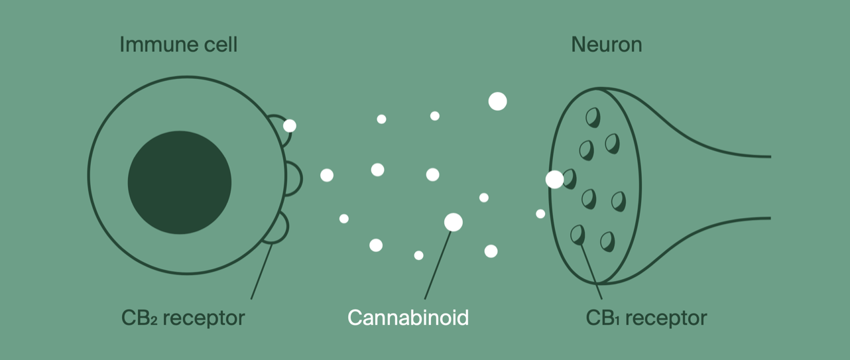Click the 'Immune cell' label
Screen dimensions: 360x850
178,45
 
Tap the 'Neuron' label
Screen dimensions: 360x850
606,45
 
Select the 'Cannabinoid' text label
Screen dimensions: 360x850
408,317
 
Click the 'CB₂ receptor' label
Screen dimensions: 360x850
183,318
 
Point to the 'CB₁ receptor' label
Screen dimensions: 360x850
646,318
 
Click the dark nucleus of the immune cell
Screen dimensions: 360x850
179,182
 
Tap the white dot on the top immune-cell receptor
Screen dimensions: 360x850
290,125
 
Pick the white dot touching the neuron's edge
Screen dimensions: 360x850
554,179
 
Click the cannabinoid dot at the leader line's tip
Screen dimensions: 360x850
453,222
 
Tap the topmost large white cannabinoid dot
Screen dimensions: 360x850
497,101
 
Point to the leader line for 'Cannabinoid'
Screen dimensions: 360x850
438,265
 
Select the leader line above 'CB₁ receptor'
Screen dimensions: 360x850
591,272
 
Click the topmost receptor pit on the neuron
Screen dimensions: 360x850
593,117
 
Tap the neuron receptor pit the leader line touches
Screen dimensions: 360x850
577,233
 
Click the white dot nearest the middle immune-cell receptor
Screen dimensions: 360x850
327,175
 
